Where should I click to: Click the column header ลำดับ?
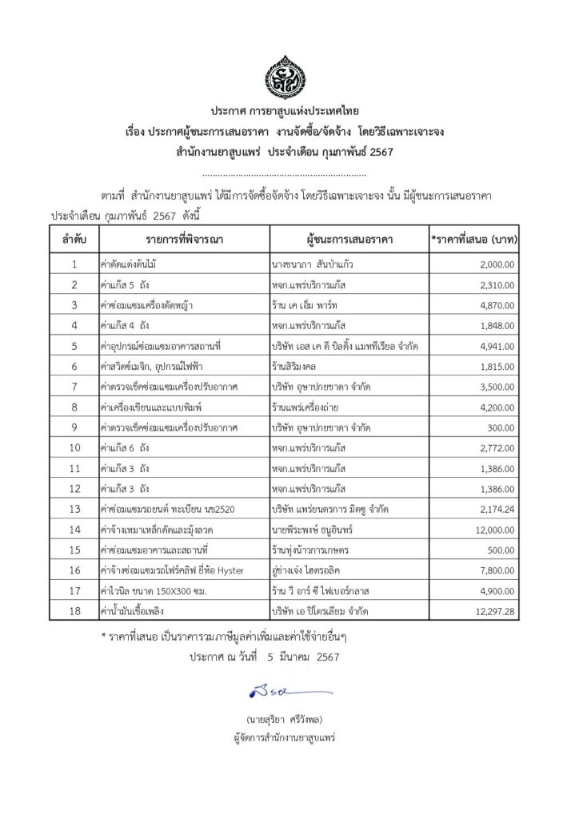coord(74,239)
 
